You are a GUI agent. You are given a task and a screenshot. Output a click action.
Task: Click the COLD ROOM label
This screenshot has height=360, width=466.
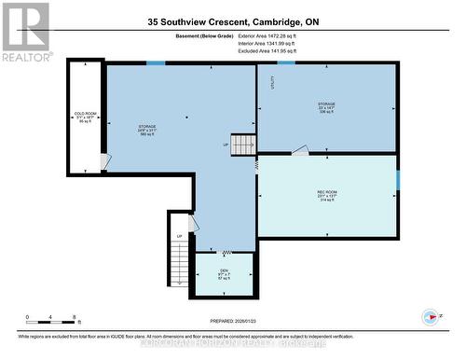pyautogui.click(x=85, y=118)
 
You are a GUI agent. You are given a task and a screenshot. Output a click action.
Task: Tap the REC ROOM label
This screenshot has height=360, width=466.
pyautogui.click(x=326, y=196)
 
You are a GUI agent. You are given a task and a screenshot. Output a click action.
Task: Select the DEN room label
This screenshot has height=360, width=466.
pyautogui.click(x=224, y=273)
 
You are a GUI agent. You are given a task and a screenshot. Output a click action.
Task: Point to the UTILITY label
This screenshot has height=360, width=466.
pyautogui.click(x=272, y=82)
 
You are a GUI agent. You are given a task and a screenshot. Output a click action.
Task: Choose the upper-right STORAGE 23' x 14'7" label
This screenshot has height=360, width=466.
pyautogui.click(x=326, y=107)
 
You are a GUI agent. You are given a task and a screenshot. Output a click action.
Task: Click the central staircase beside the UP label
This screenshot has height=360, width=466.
pyautogui.click(x=243, y=145)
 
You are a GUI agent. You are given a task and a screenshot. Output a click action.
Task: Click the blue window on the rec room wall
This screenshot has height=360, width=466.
pyautogui.click(x=397, y=178)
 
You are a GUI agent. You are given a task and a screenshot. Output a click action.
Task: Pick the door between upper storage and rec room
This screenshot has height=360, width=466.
pyautogui.click(x=299, y=149)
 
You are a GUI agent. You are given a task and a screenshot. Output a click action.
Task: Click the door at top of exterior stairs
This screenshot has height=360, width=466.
pyautogui.click(x=192, y=224)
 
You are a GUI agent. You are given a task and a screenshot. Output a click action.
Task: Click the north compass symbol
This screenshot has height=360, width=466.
pyautogui.click(x=430, y=316)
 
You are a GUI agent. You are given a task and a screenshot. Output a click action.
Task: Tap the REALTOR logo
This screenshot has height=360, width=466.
pyautogui.click(x=25, y=32)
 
